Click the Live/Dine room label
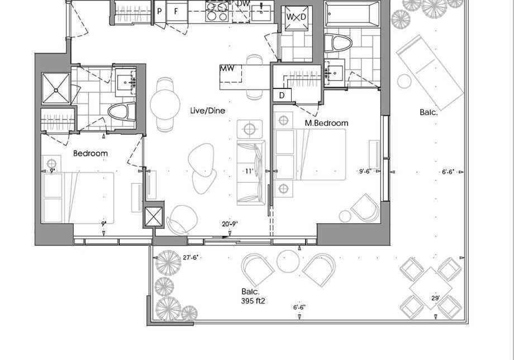click(207, 111)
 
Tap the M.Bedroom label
click(326, 123)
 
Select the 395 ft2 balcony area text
click(253, 301)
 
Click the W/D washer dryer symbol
click(296, 17)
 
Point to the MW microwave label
click(227, 68)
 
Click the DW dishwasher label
click(243, 3)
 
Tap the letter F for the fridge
click(176, 12)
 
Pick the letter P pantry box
click(160, 12)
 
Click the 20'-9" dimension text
click(230, 224)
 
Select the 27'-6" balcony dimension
click(190, 257)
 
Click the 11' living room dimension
click(249, 171)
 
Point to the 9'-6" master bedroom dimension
click(366, 171)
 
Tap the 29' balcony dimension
click(436, 298)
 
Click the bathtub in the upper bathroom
click(352, 14)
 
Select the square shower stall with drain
click(56, 88)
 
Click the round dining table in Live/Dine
click(165, 105)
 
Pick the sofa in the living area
click(251, 173)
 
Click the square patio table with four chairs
click(430, 288)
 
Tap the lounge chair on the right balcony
click(430, 73)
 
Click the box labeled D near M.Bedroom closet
click(282, 96)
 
